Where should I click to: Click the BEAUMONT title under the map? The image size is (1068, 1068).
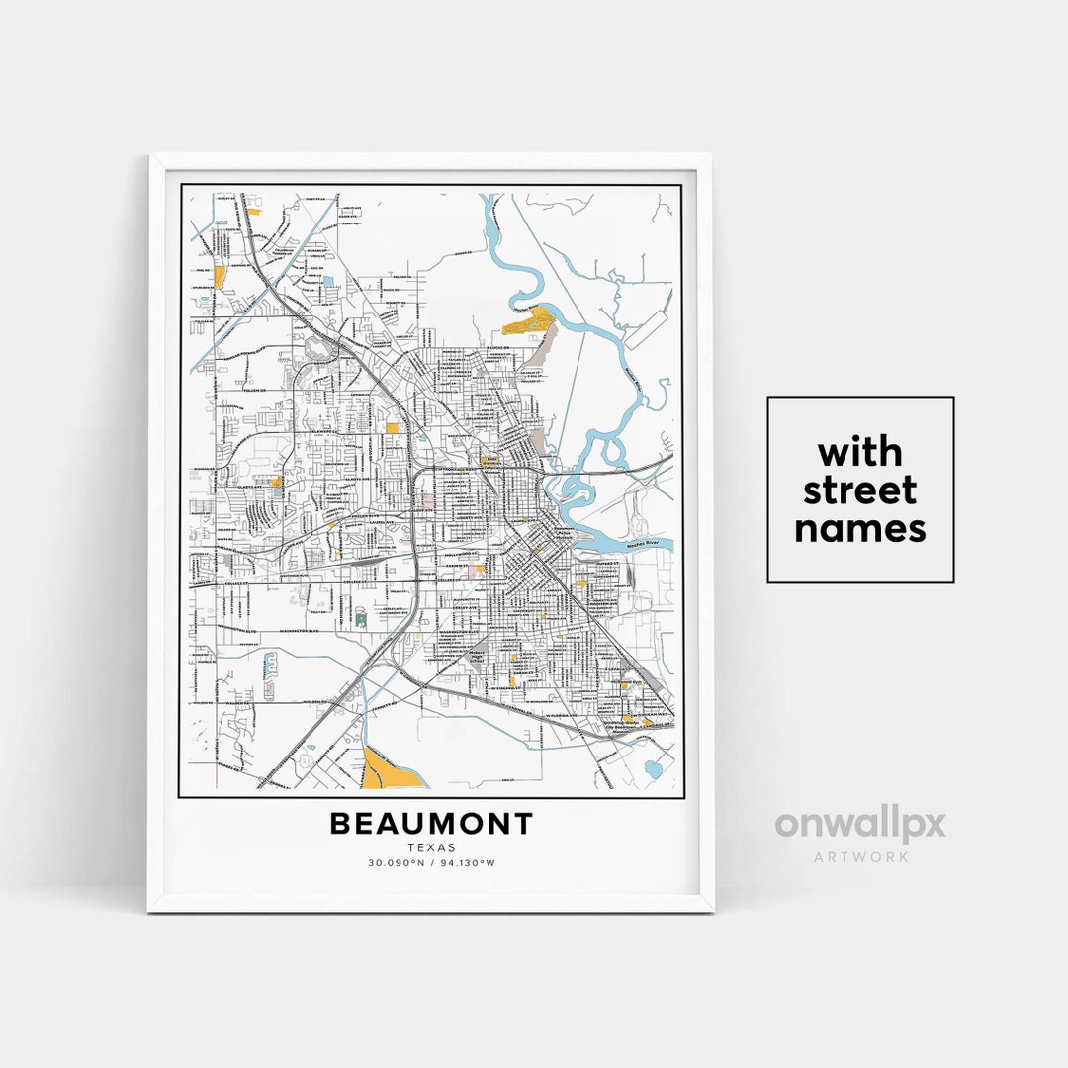pyautogui.click(x=431, y=824)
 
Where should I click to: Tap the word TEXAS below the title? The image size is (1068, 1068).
pyautogui.click(x=431, y=847)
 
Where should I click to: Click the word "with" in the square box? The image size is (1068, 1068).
pyautogui.click(x=859, y=453)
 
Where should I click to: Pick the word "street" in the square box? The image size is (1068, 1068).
pyautogui.click(x=859, y=489)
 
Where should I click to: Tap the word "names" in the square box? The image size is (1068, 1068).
pyautogui.click(x=859, y=528)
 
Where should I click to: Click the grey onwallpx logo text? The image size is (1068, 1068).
pyautogui.click(x=859, y=825)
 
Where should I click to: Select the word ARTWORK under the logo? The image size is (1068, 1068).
pyautogui.click(x=859, y=856)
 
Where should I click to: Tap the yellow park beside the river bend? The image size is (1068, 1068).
pyautogui.click(x=526, y=321)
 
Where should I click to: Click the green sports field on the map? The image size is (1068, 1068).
pyautogui.click(x=360, y=619)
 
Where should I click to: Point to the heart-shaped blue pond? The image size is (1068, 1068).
pyautogui.click(x=653, y=767)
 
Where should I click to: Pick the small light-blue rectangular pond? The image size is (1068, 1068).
pyautogui.click(x=328, y=281)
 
